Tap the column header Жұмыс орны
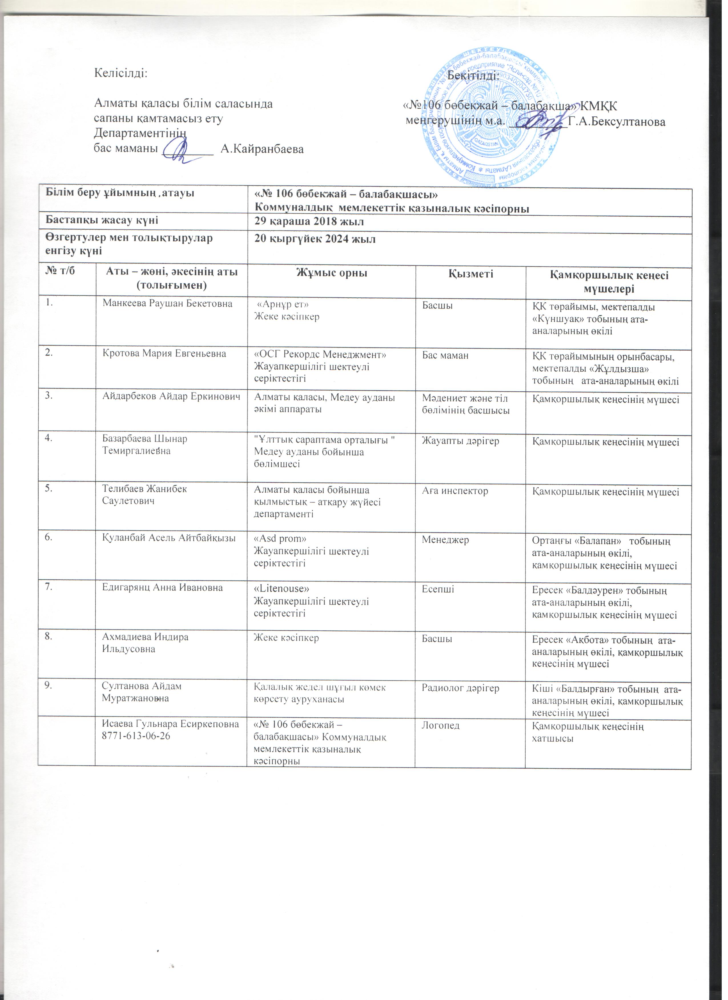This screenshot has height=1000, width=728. [x=331, y=273]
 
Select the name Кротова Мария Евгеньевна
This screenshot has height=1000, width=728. [x=164, y=354]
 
